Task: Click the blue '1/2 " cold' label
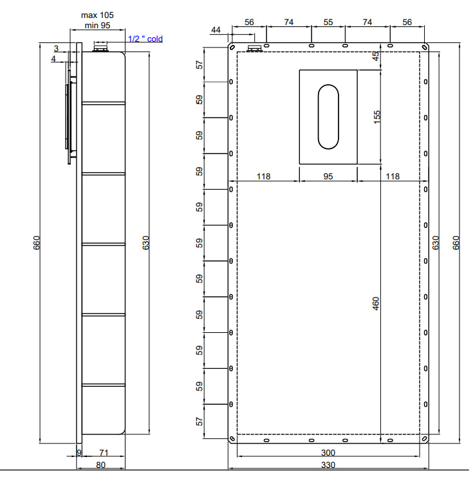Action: [145, 39]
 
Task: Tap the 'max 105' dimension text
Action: [97, 15]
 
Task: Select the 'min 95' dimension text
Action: [97, 26]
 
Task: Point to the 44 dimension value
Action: [216, 30]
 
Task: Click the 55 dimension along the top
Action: [328, 22]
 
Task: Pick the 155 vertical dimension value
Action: [377, 117]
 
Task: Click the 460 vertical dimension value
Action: [376, 303]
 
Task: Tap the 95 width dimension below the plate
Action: [328, 177]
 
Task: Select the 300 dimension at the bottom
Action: [328, 453]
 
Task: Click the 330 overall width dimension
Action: [328, 465]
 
